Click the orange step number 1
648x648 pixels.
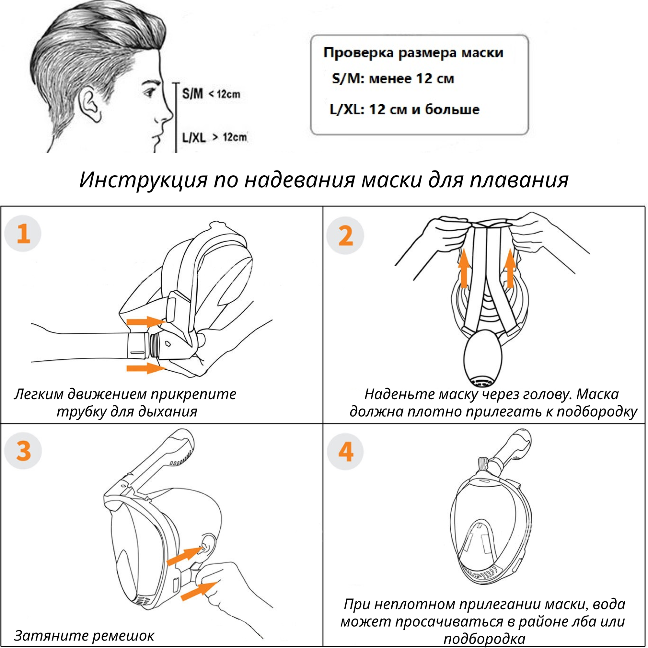pos(23,234)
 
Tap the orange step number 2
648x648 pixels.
pos(345,236)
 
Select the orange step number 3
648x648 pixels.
pos(23,451)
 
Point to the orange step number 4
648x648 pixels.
pos(345,451)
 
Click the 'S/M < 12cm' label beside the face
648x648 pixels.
pos(211,94)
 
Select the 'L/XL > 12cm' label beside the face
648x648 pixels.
pos(214,137)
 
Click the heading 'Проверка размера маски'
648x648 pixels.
pos(413,53)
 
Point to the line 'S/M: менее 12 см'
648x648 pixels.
pos(393,79)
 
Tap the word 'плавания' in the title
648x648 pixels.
pos(519,180)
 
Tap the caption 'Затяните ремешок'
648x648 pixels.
pos(84,635)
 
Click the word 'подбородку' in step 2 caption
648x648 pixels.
pos(597,411)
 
